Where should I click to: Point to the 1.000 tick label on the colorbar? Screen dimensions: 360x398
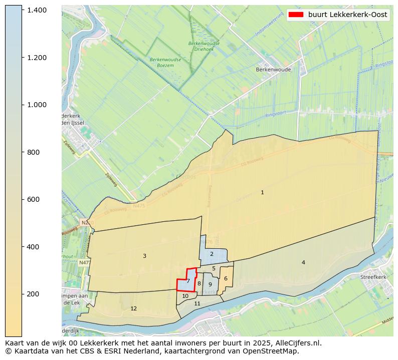tap(37, 105)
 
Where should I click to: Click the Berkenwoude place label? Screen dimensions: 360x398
tap(273, 70)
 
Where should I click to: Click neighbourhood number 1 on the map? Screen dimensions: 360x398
tap(262, 192)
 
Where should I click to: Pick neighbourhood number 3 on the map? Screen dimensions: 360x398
tap(144, 256)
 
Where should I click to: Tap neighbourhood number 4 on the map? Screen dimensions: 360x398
tap(303, 262)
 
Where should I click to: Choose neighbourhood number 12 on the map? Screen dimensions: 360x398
tap(133, 308)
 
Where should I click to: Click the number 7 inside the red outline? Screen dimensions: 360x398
tap(188, 281)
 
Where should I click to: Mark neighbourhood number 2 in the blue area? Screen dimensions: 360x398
tap(212, 254)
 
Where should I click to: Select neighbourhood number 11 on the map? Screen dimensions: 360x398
tap(197, 303)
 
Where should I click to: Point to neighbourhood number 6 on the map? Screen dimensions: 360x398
tap(226, 278)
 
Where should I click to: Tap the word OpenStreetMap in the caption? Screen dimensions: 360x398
tap(274, 351)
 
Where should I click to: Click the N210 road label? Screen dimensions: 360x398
tap(87, 222)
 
